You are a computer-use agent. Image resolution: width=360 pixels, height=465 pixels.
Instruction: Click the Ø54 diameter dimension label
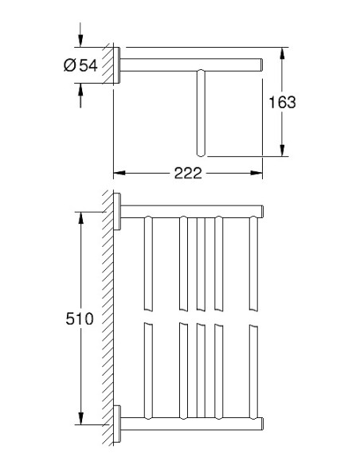click(80, 65)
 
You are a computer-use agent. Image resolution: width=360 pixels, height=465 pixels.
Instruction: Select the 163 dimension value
click(282, 102)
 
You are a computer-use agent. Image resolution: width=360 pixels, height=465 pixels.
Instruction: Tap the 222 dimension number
click(188, 174)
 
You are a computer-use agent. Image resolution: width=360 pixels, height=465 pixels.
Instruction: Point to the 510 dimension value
click(80, 318)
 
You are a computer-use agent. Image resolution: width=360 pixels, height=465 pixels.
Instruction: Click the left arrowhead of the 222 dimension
click(119, 173)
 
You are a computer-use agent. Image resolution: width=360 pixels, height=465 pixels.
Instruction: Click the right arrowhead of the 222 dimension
click(256, 173)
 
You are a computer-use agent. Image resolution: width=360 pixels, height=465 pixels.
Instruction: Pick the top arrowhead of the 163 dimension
click(282, 53)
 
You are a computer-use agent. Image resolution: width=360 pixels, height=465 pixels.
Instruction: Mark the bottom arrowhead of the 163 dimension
click(282, 150)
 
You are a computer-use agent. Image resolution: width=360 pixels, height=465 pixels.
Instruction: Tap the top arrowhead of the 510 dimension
click(80, 218)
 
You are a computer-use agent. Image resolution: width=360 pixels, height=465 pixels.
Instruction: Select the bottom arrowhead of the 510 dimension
click(80, 418)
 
